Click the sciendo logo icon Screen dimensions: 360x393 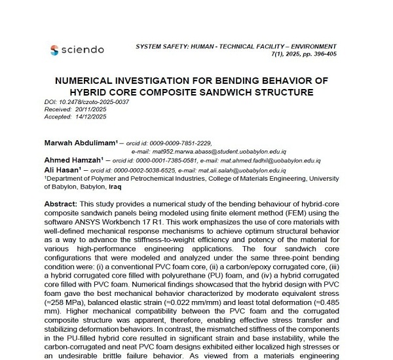54,50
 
